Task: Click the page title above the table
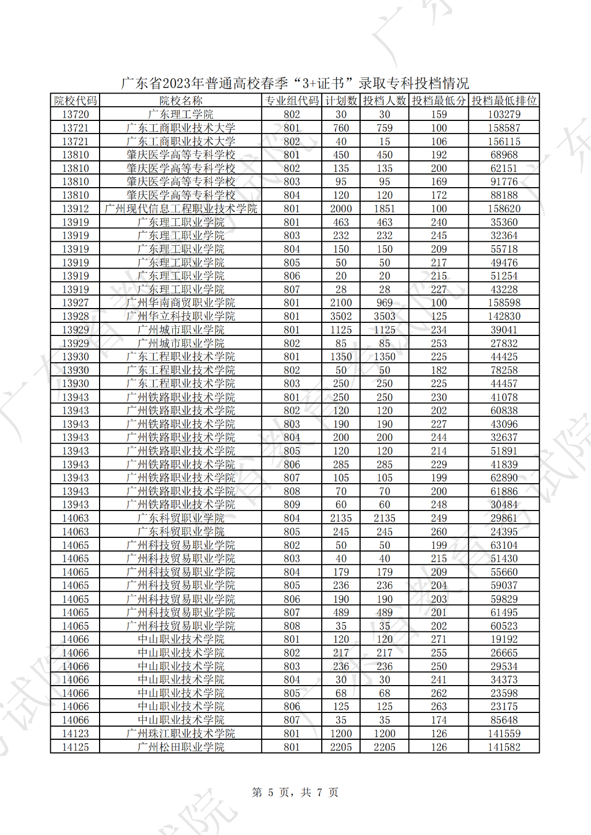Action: click(295, 83)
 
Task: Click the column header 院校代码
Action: click(75, 101)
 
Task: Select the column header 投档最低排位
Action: click(504, 101)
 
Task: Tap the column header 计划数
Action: click(341, 101)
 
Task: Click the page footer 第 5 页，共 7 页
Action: click(295, 792)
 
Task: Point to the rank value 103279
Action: click(504, 114)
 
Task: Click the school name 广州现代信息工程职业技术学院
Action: click(181, 208)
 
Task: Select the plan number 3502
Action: click(341, 316)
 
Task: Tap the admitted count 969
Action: click(384, 303)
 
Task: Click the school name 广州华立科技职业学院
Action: click(181, 316)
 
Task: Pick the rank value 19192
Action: click(504, 639)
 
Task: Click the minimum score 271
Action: click(439, 639)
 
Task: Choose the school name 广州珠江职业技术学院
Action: click(181, 733)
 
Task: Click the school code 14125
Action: click(75, 747)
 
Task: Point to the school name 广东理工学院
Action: click(181, 114)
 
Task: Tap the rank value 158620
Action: click(504, 208)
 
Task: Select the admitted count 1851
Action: click(384, 208)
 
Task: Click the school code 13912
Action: click(75, 208)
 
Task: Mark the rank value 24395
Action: click(504, 531)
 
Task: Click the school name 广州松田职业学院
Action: click(181, 747)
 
